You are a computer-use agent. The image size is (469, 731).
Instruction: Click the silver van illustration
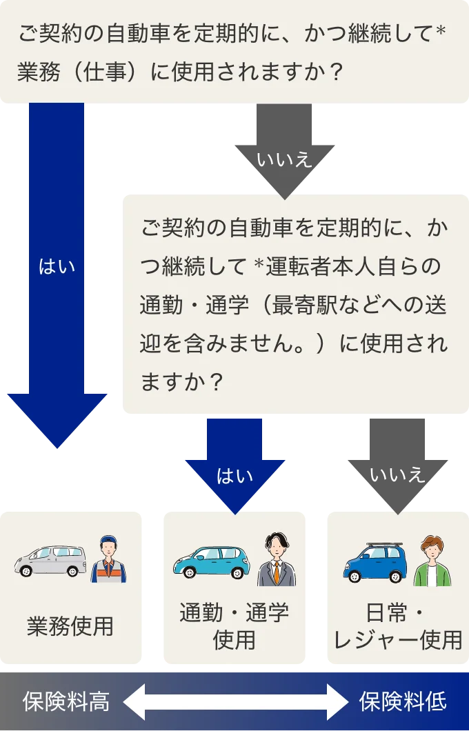(50, 561)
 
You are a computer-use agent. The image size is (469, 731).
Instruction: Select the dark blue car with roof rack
(375, 563)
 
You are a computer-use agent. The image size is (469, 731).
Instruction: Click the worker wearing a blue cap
(108, 559)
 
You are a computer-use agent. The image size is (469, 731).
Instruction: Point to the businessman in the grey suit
(277, 559)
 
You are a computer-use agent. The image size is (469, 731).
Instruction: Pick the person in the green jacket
(432, 561)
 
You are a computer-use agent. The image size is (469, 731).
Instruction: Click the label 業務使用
(70, 626)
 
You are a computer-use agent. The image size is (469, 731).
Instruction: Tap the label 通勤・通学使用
(234, 626)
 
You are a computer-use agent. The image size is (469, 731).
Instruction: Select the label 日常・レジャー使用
(398, 626)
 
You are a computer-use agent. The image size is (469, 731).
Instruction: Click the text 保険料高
(66, 701)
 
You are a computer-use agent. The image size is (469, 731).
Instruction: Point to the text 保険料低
(403, 701)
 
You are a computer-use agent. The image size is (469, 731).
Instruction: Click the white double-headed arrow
(235, 701)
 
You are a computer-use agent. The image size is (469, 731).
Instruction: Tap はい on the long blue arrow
(57, 267)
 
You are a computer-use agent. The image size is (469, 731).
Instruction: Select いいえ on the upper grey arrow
(284, 160)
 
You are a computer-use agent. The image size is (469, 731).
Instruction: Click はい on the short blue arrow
(235, 476)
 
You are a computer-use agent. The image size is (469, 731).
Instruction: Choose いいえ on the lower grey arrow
(398, 475)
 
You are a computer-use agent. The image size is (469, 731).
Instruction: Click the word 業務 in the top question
(39, 72)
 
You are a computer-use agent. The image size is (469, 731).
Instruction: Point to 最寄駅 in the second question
(303, 305)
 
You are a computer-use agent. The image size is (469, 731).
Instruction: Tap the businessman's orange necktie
(277, 572)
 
